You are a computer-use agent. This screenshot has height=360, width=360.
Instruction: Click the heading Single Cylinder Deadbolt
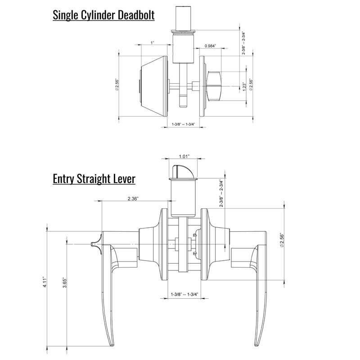coord(103,15)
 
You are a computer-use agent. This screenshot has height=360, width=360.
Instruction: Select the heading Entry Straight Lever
coord(94,179)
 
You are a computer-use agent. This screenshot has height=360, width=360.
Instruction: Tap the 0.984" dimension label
coord(210,46)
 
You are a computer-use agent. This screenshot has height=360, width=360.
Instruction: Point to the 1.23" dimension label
coord(244,86)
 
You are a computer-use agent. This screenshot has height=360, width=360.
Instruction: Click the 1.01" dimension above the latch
coord(184,156)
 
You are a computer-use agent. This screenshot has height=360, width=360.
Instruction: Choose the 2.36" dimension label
coord(133,198)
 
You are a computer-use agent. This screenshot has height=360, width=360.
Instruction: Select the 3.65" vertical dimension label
coord(64,283)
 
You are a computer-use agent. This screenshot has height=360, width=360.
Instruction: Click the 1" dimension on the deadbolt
coord(153,43)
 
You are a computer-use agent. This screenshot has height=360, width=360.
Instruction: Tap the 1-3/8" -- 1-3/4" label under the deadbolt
coord(184,124)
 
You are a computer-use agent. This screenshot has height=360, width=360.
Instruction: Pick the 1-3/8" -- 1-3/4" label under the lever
coord(184,294)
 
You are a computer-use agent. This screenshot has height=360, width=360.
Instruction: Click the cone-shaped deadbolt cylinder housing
coord(154,86)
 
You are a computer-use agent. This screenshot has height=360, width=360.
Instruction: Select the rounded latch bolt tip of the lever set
coord(183,171)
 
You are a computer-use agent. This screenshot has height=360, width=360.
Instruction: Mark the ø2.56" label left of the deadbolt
coord(117,85)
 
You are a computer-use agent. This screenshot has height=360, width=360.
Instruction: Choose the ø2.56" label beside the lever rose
coord(282,240)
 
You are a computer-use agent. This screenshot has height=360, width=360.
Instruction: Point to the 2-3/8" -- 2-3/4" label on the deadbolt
coord(243,43)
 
